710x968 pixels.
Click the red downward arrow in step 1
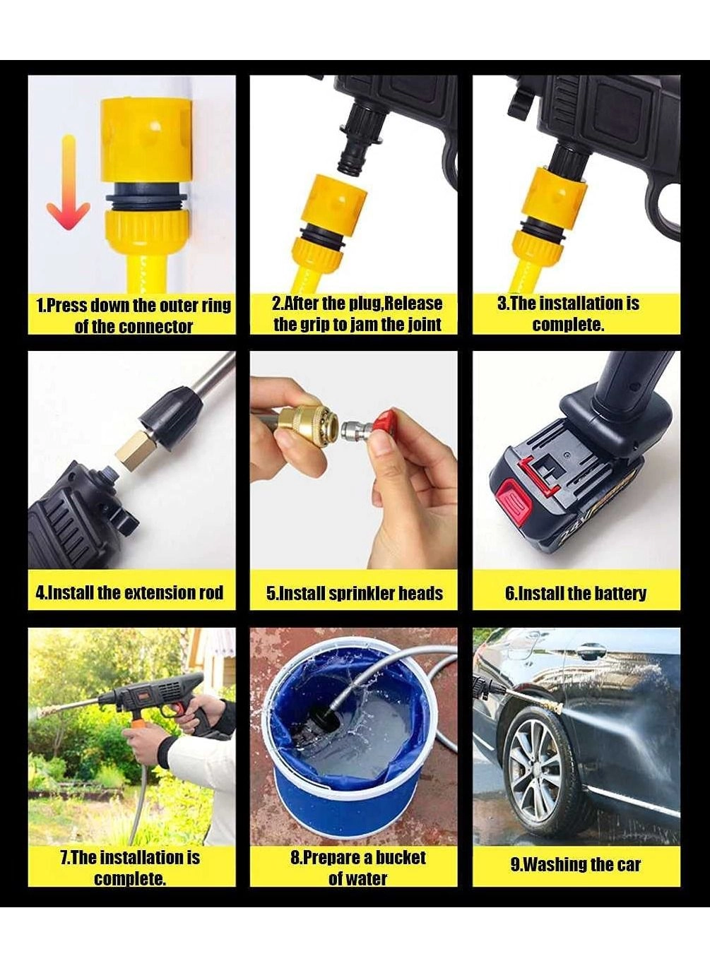(x=69, y=182)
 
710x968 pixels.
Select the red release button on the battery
(x=514, y=501)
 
